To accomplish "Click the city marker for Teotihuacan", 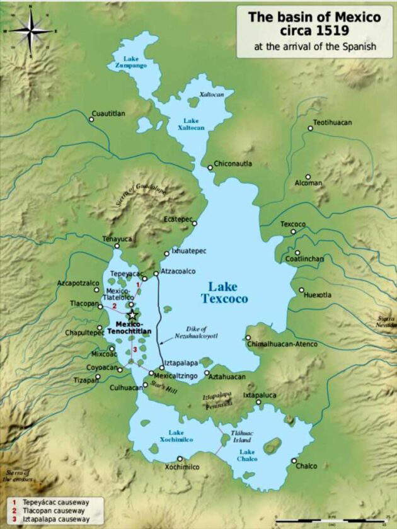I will [x=310, y=128].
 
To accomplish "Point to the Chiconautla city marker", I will [x=210, y=168].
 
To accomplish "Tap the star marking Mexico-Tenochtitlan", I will [x=132, y=315].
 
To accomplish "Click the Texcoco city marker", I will [x=293, y=232].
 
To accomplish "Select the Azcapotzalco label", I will [x=78, y=283].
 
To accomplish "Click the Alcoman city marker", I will [x=308, y=177].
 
